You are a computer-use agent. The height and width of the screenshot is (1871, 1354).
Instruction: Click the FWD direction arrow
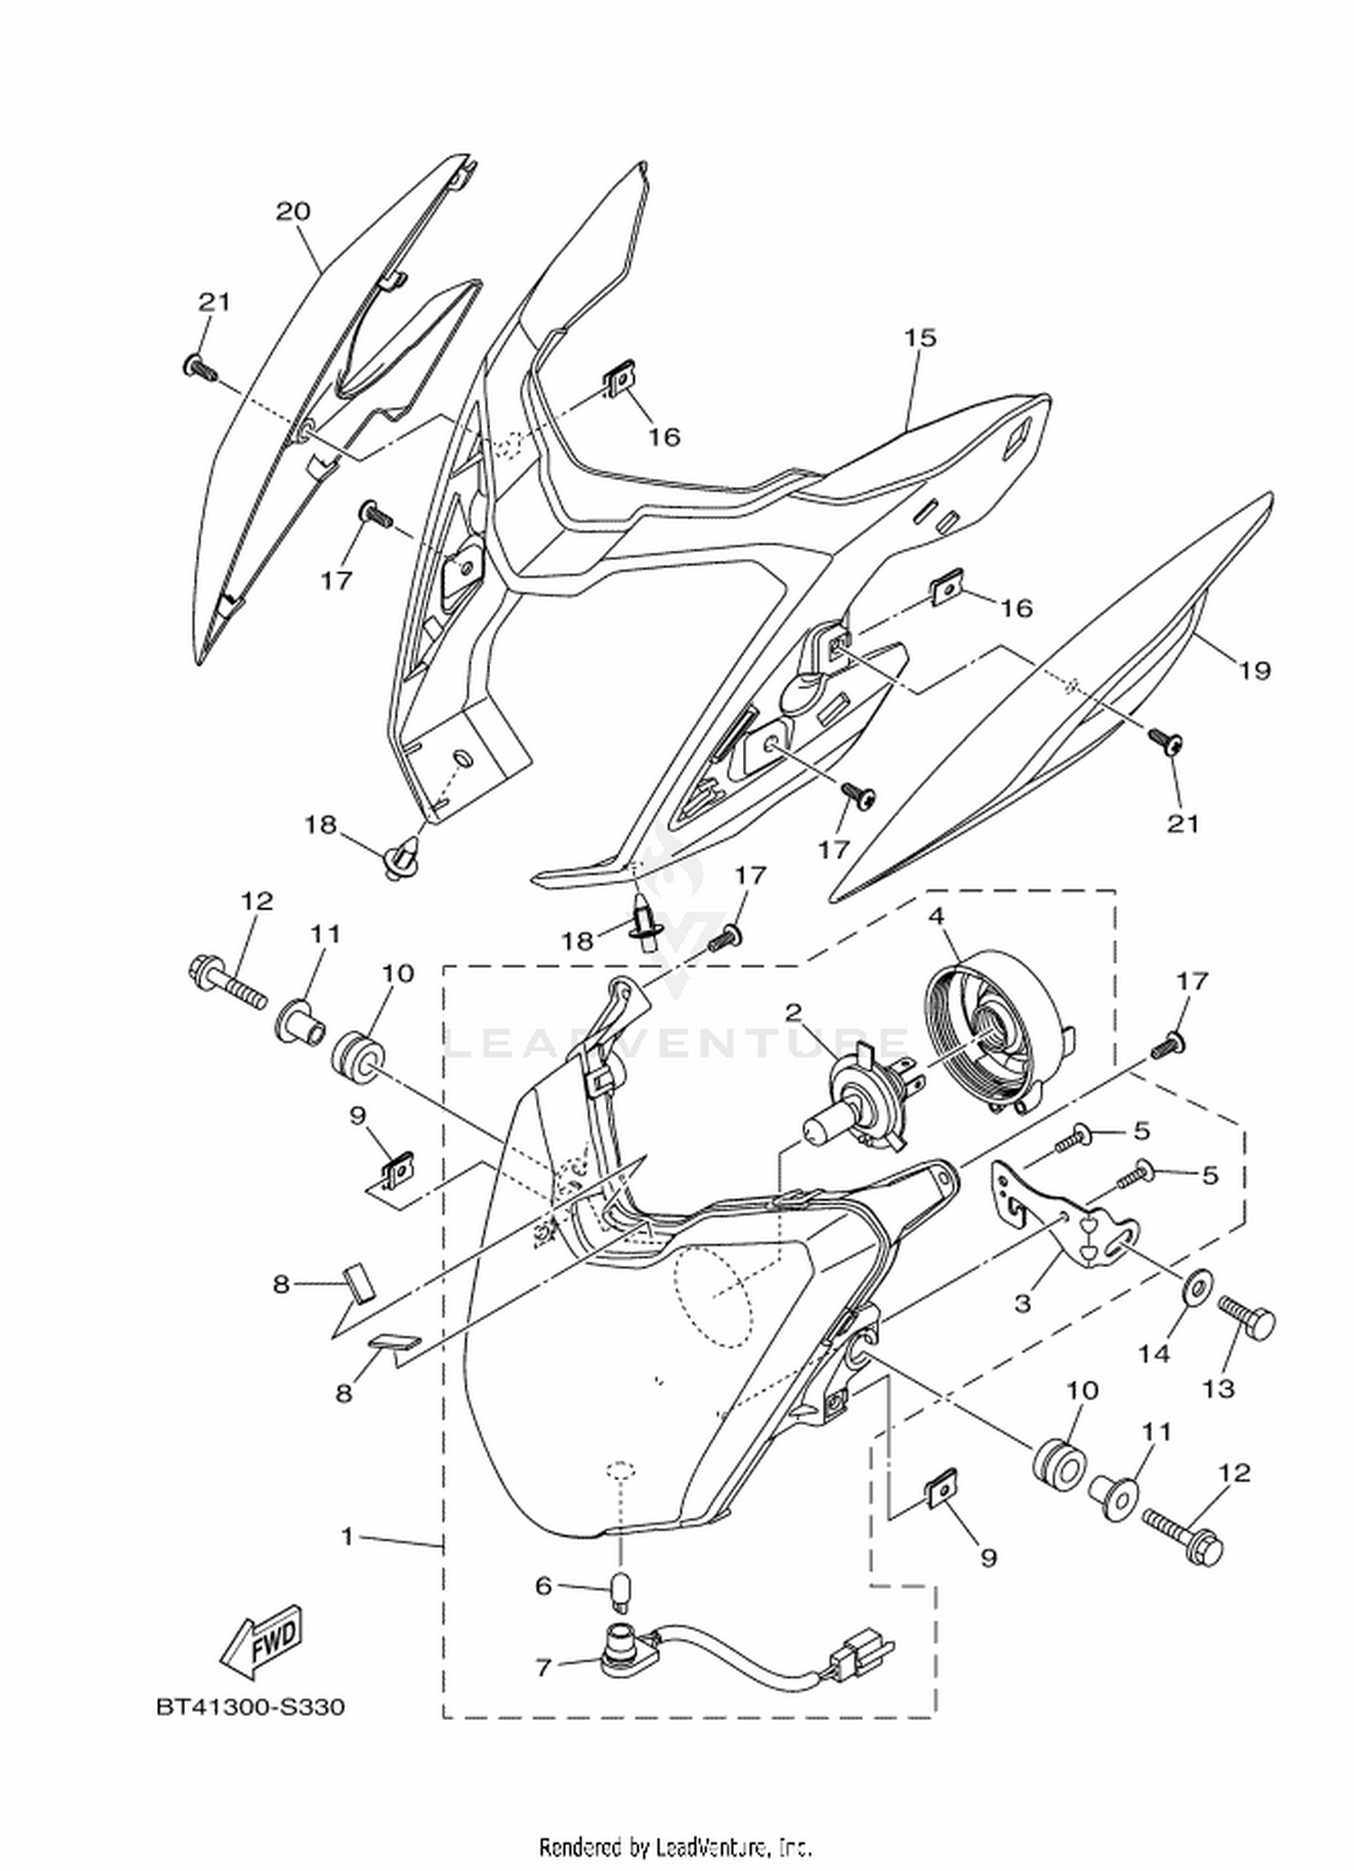click(262, 1634)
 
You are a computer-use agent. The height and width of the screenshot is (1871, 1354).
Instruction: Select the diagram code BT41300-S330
click(251, 1708)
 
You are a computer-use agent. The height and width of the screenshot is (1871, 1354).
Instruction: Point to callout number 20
click(292, 211)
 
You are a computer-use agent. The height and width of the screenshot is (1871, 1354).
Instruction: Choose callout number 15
click(921, 338)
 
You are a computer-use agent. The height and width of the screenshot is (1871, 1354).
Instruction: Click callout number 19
click(1254, 670)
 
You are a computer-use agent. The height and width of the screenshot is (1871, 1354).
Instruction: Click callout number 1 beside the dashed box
click(348, 1535)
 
